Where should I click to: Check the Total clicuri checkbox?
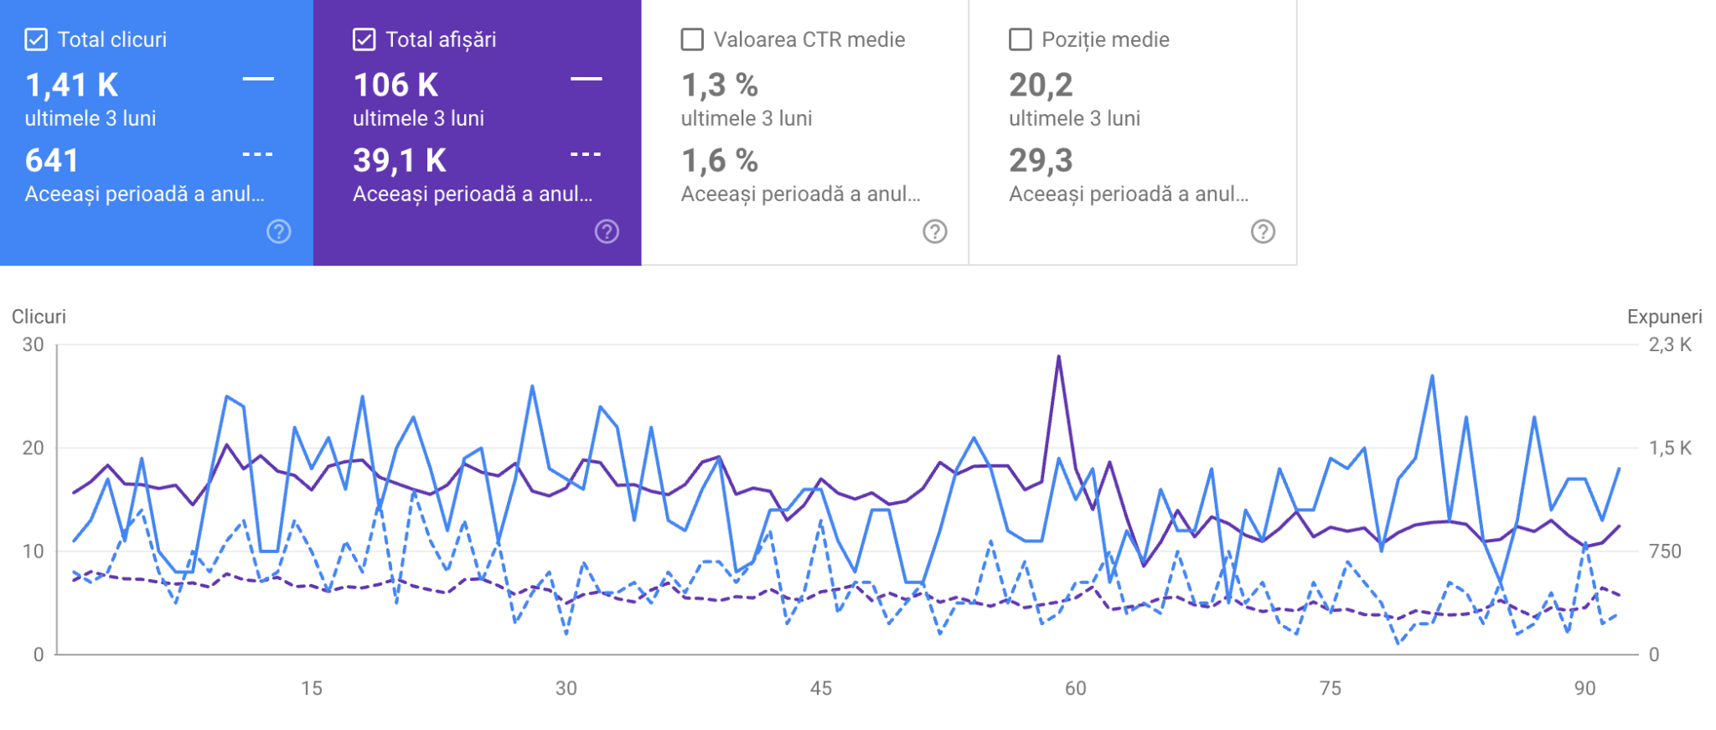point(36,39)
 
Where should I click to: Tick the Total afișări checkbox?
point(364,39)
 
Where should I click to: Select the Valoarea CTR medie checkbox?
point(692,39)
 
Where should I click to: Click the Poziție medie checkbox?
point(1020,39)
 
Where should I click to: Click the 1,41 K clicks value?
point(71,85)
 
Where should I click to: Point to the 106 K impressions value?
point(395,85)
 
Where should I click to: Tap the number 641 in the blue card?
point(52,160)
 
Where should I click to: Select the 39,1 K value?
point(400,160)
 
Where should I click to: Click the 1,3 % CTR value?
point(720,85)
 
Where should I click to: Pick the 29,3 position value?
point(1041,160)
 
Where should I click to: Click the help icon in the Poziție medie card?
point(1263,231)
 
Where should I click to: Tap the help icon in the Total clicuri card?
point(279,231)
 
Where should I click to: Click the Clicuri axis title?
point(39,317)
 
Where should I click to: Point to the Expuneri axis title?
point(1664,317)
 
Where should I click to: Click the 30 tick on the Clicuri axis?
point(34,344)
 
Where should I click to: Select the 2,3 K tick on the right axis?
point(1670,344)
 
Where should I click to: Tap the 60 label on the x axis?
point(1075,688)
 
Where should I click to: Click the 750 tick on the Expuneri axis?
point(1665,551)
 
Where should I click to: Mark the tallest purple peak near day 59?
point(1059,357)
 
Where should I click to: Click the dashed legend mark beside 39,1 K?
point(586,154)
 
